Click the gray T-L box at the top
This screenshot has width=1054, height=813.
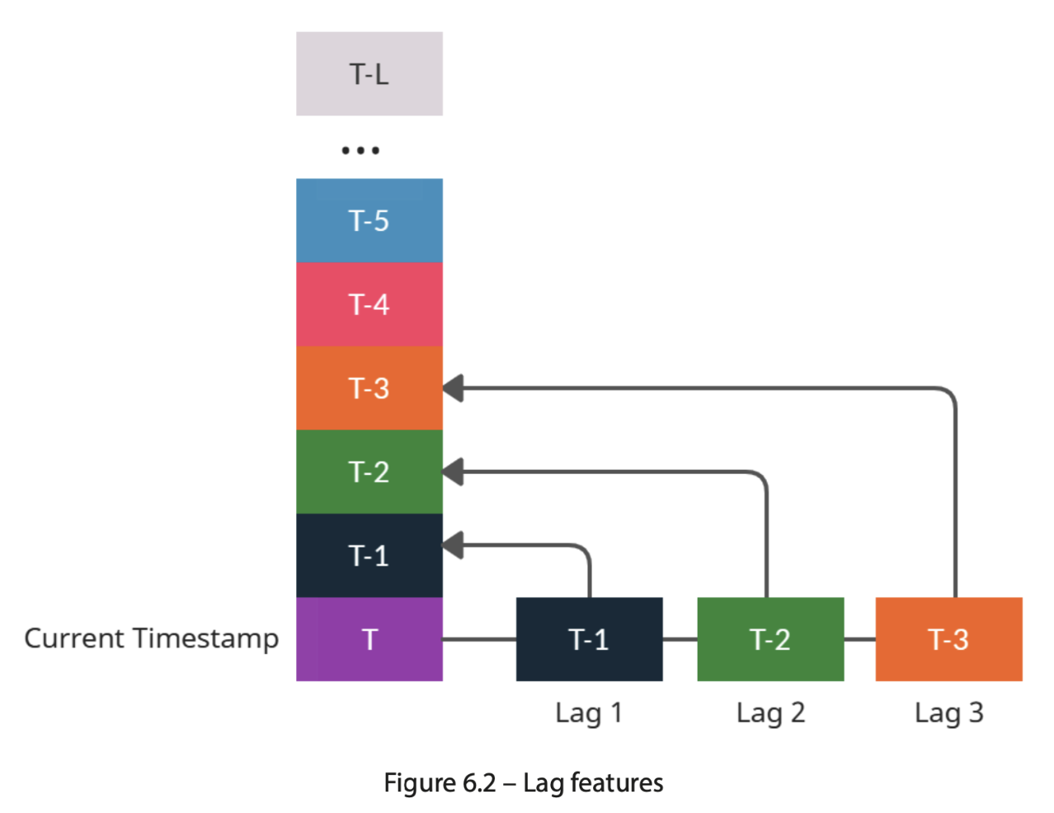[x=369, y=74]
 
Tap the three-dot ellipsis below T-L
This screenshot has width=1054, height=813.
[x=360, y=150]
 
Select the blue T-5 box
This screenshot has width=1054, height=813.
[x=369, y=220]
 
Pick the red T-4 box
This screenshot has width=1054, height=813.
[x=369, y=304]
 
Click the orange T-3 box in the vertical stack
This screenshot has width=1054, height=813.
[x=369, y=388]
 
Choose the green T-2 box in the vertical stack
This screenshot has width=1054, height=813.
[x=369, y=472]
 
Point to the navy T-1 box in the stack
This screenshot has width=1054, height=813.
[x=369, y=555]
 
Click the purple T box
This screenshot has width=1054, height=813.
[x=369, y=639]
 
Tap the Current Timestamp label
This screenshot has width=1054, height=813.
[x=151, y=638]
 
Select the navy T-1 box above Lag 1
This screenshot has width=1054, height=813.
[x=589, y=639]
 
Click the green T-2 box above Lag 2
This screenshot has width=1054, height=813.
[x=770, y=639]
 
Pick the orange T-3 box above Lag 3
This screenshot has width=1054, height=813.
[x=948, y=639]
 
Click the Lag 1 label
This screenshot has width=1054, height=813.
[x=588, y=712]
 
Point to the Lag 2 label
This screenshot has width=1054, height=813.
[x=770, y=712]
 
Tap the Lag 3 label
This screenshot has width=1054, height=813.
[x=948, y=712]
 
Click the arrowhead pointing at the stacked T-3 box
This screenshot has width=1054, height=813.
[x=454, y=388]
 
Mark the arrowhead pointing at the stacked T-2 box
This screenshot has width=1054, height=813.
[x=454, y=472]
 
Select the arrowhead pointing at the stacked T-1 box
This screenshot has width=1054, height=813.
[x=454, y=545]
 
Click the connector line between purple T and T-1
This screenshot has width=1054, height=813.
[x=479, y=639]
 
